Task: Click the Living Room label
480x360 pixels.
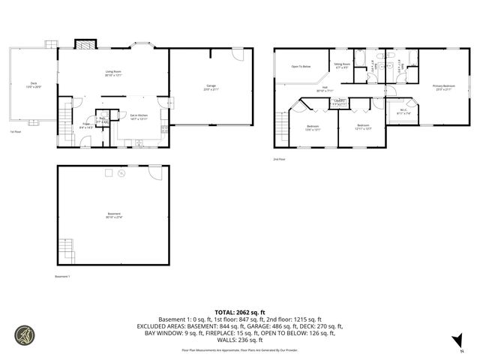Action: click(x=113, y=73)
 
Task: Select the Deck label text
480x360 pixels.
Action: click(x=34, y=85)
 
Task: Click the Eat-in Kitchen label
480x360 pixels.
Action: click(x=138, y=116)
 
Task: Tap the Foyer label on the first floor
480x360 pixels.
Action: click(x=86, y=125)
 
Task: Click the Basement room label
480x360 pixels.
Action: click(x=114, y=215)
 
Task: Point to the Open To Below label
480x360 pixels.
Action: click(x=301, y=67)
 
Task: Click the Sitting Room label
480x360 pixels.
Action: click(x=342, y=66)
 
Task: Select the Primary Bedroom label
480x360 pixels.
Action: click(x=443, y=87)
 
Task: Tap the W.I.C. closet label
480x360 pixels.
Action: click(x=403, y=111)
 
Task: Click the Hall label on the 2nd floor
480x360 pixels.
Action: click(x=326, y=88)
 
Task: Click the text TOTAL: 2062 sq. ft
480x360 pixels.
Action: click(x=239, y=311)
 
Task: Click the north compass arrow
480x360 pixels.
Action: click(x=455, y=343)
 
